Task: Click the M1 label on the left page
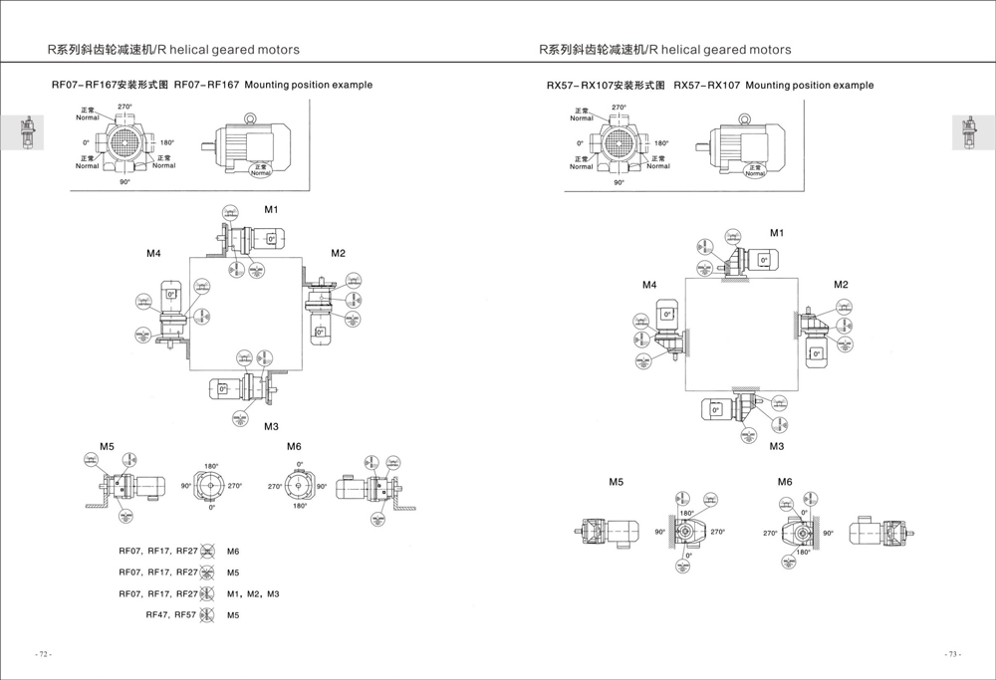(271, 210)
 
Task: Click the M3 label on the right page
(777, 446)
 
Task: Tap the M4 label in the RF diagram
(153, 254)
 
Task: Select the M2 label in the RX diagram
(841, 285)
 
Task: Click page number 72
(43, 654)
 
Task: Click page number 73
(953, 654)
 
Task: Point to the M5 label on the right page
(617, 482)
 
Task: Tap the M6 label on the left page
(294, 446)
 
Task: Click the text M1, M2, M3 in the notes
(253, 594)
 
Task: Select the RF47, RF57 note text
(171, 615)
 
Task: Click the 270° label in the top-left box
(125, 107)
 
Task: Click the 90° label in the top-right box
(619, 183)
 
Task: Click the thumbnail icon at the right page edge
(965, 132)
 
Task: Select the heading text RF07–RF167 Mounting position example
(212, 86)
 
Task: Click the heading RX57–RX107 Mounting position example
(710, 86)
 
